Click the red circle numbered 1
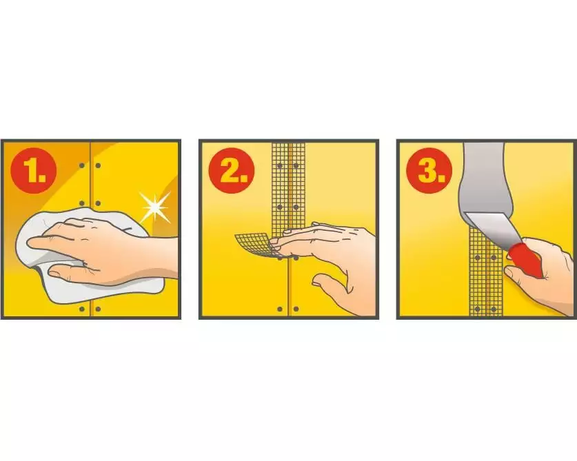(x=34, y=170)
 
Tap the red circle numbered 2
(x=232, y=170)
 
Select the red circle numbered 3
(x=429, y=170)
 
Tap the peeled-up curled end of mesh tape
(x=254, y=243)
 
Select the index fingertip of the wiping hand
(x=34, y=243)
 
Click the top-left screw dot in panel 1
(x=82, y=165)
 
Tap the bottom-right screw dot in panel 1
(x=98, y=309)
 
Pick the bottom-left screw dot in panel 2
(x=280, y=309)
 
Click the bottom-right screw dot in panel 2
(x=296, y=309)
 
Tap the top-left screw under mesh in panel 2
(x=280, y=166)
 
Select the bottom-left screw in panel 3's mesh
(x=478, y=309)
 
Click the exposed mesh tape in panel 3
(x=486, y=280)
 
